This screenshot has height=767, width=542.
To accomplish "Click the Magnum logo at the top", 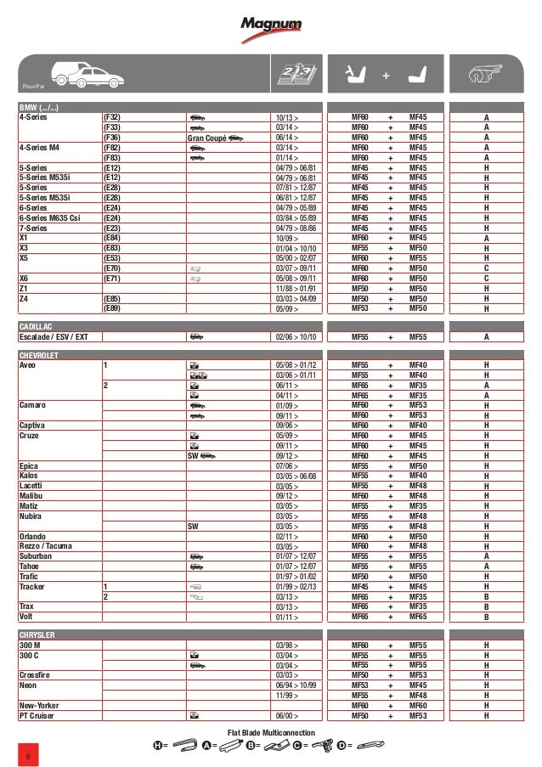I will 271,28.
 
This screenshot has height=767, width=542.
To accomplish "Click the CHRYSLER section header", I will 38,635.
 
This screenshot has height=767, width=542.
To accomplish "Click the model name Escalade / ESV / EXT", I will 54,337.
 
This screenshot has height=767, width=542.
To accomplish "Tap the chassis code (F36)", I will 111,138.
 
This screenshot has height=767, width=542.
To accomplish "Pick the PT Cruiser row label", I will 38,715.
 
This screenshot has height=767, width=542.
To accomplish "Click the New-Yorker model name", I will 40,706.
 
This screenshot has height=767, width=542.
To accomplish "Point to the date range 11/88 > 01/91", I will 296,289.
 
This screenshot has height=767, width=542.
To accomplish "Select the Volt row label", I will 27,617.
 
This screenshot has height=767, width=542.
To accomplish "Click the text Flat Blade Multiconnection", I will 272,732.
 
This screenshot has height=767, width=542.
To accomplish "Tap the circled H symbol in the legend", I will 157,747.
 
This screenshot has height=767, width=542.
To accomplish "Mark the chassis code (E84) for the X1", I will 111,239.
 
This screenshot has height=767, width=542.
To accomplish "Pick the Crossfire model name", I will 37,675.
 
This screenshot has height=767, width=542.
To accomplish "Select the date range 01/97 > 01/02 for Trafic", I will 296,577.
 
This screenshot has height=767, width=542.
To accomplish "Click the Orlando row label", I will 33,537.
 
